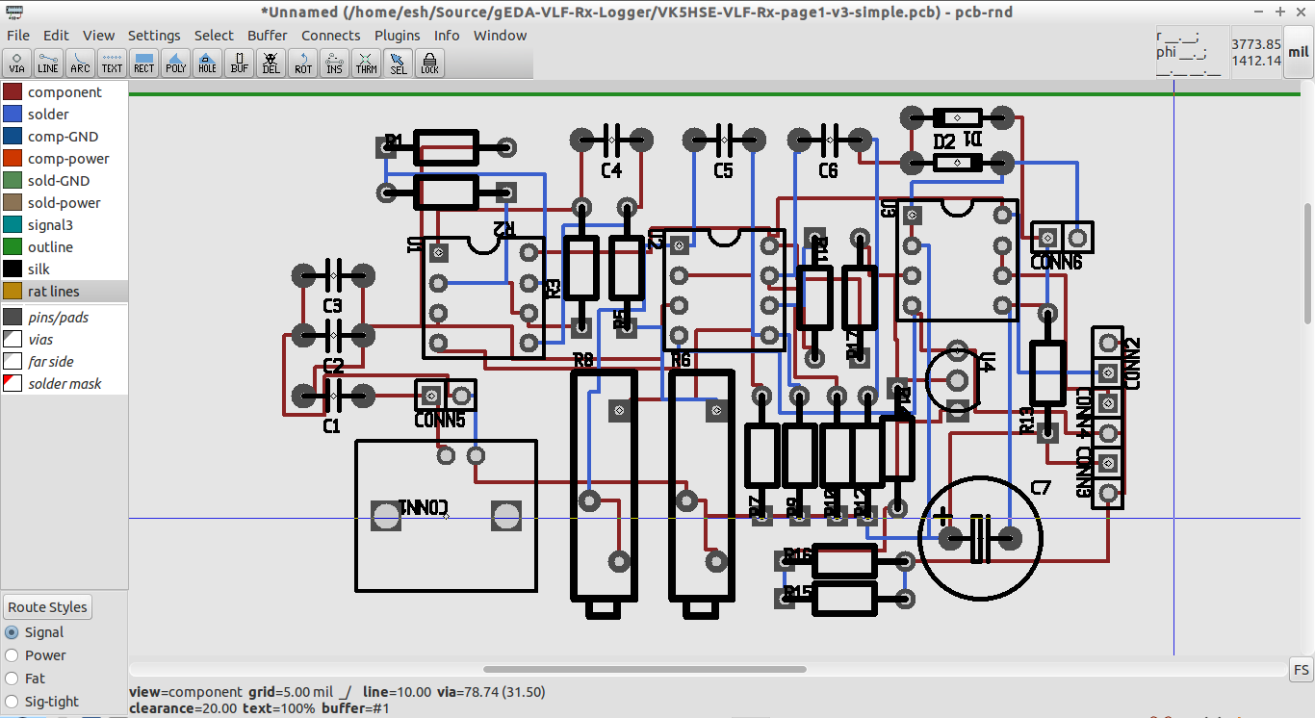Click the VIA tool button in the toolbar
pyautogui.click(x=17, y=64)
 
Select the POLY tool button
pyautogui.click(x=176, y=64)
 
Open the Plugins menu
pyautogui.click(x=397, y=36)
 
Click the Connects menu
pyautogui.click(x=330, y=36)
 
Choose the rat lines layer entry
pyautogui.click(x=53, y=292)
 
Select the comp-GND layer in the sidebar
pyautogui.click(x=63, y=137)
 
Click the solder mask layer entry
pyautogui.click(x=64, y=384)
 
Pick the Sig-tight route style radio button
pyautogui.click(x=12, y=702)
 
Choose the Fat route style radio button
pyautogui.click(x=12, y=679)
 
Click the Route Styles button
pyautogui.click(x=48, y=607)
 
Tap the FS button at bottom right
pyautogui.click(x=1301, y=670)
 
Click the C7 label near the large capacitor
pyautogui.click(x=1041, y=488)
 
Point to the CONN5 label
pyautogui.click(x=440, y=421)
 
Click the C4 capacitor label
pyautogui.click(x=611, y=171)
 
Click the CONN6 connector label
pyautogui.click(x=1056, y=262)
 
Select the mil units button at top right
pyautogui.click(x=1298, y=53)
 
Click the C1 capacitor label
pyautogui.click(x=331, y=426)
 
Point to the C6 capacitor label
pyautogui.click(x=828, y=171)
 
